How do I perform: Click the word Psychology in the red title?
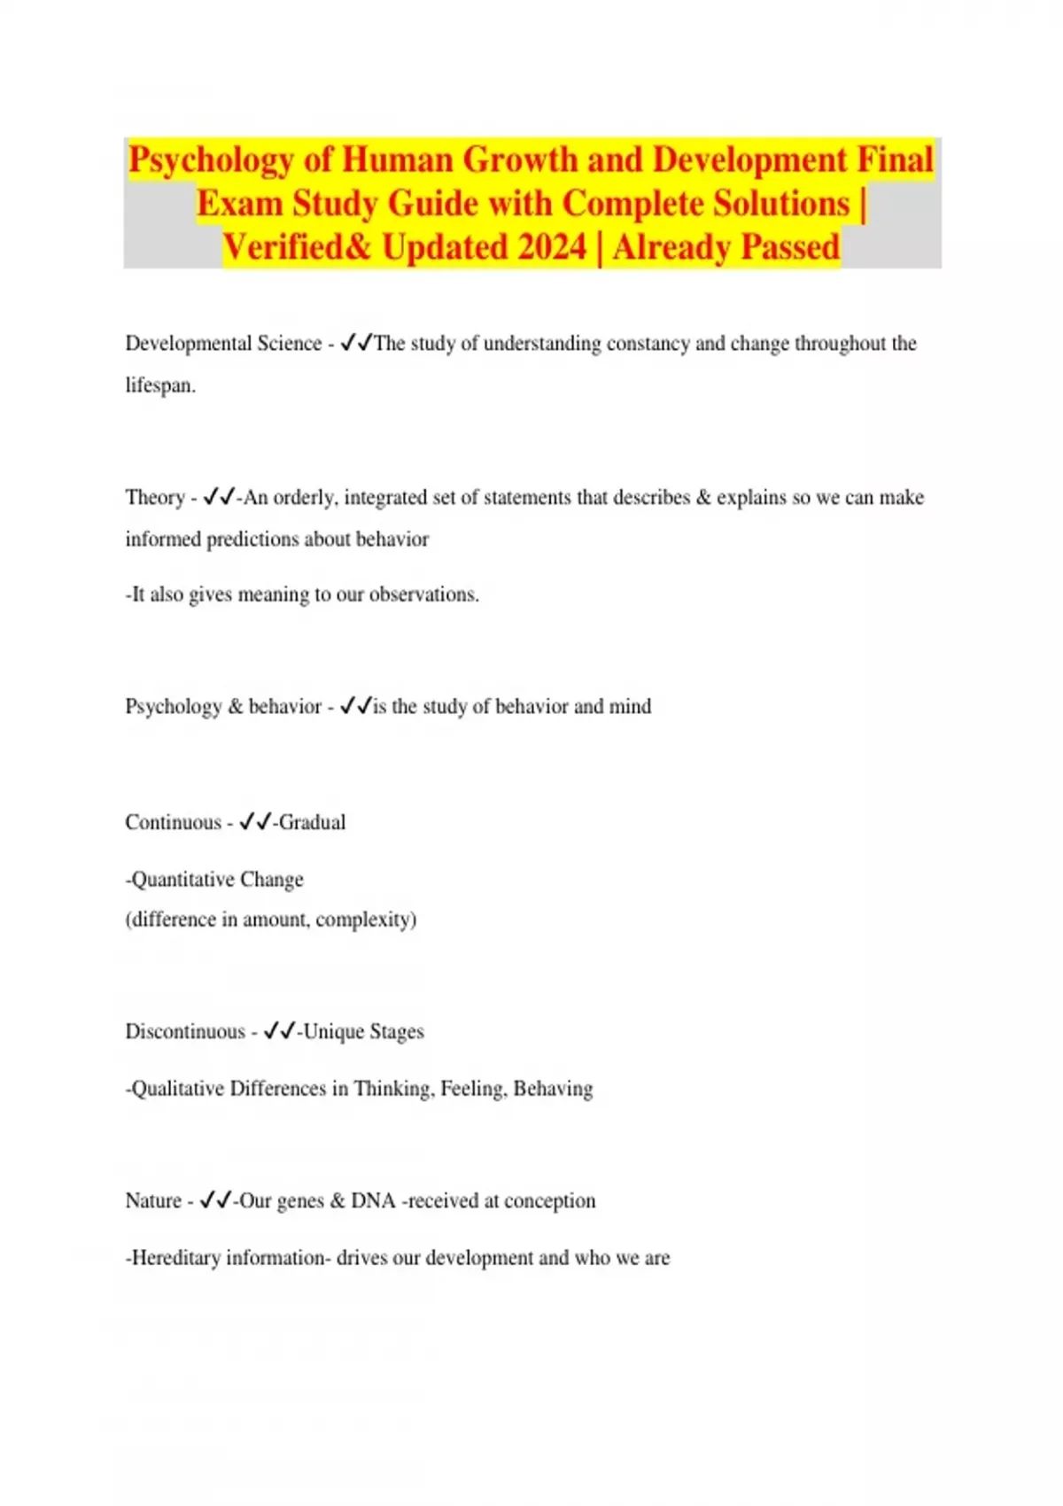(211, 160)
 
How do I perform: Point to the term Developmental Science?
(223, 344)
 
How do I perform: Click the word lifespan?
(159, 386)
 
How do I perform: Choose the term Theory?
(155, 498)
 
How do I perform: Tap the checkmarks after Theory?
(219, 498)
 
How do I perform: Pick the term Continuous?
(173, 823)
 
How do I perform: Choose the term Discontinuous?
(185, 1032)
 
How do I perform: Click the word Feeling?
(474, 1089)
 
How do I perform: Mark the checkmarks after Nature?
(215, 1201)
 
